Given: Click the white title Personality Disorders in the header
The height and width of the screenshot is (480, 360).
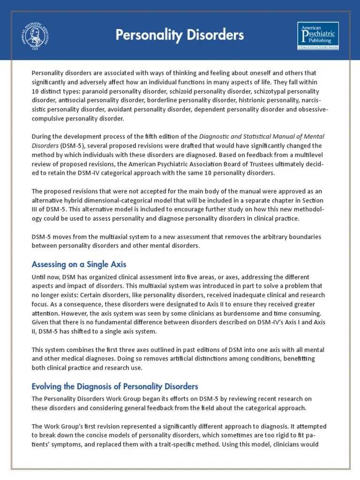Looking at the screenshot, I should tap(180, 35).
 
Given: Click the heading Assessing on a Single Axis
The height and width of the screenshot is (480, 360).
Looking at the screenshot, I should tap(79, 264).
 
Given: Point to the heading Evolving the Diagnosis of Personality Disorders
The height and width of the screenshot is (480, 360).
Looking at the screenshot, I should tap(115, 386).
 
